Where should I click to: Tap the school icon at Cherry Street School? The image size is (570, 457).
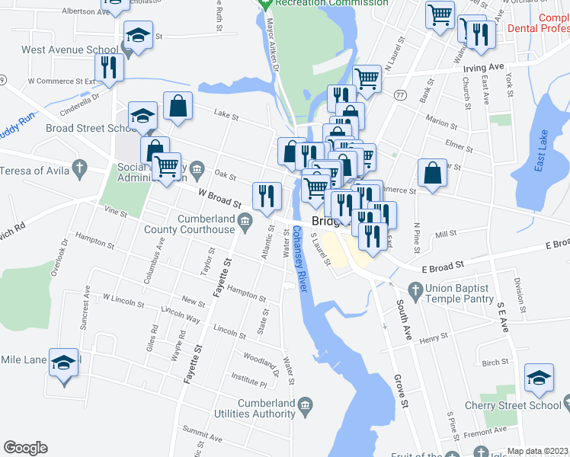[x=539, y=378]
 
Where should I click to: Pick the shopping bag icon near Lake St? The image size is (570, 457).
[x=178, y=107]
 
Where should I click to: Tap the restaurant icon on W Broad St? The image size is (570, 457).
[x=267, y=196]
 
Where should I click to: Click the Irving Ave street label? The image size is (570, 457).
[x=484, y=67]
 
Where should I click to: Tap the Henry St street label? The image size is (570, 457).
[x=433, y=337]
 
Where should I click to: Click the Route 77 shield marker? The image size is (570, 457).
[x=399, y=95]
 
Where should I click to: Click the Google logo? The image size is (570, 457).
[x=26, y=448]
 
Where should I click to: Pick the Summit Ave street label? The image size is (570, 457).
[x=202, y=436]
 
